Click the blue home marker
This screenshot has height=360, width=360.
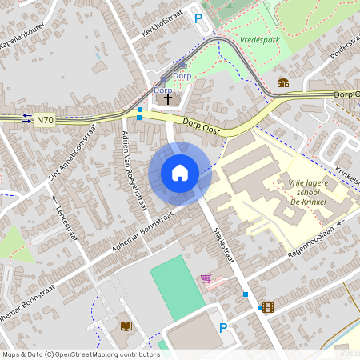click(180, 173)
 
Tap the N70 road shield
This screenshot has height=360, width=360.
click(45, 121)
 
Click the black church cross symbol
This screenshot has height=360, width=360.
click(168, 98)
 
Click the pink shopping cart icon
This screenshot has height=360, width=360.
click(206, 278)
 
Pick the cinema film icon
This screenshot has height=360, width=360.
click(267, 307)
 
